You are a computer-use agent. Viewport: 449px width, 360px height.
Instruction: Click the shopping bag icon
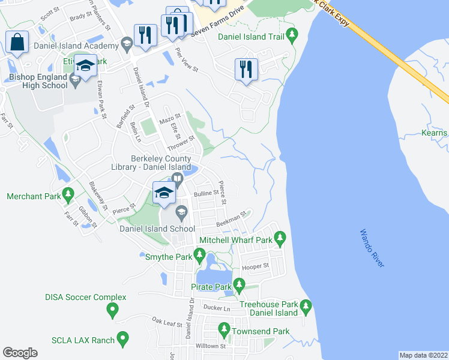click(17, 43)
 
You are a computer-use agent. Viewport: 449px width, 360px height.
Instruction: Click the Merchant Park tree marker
click(68, 194)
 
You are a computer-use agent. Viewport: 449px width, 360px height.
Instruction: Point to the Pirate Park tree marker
click(240, 284)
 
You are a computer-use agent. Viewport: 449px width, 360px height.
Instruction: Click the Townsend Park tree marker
click(224, 328)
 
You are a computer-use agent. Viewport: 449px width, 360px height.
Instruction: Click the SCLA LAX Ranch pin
click(123, 340)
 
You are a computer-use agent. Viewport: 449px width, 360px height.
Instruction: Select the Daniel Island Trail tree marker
click(292, 34)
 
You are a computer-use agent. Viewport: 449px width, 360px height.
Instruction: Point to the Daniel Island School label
click(156, 229)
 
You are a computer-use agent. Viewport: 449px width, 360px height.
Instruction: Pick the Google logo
click(20, 353)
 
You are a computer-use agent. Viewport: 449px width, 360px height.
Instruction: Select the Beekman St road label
click(232, 219)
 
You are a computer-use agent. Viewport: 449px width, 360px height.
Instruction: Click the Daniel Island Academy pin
click(127, 43)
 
